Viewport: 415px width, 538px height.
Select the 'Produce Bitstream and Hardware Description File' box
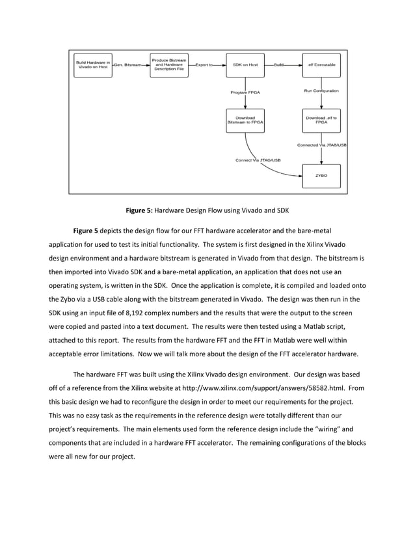point(169,65)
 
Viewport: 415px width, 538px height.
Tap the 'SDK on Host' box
point(245,65)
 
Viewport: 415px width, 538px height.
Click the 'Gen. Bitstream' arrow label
point(130,65)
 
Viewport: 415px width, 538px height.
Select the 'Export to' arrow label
point(204,65)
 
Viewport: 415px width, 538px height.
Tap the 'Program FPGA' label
point(246,92)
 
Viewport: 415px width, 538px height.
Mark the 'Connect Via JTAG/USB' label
point(258,160)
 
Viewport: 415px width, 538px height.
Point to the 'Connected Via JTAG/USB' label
point(321,145)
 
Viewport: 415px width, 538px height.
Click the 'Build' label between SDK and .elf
point(279,65)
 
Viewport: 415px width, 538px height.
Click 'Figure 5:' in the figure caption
point(141,210)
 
